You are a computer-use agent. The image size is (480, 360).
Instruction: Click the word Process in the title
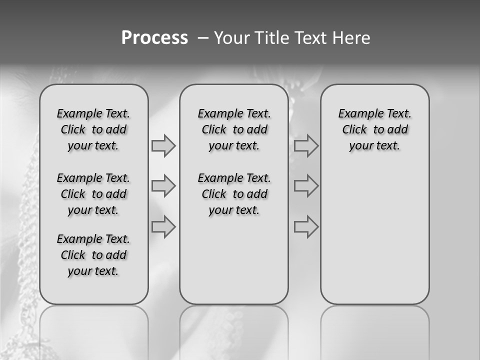coord(154,38)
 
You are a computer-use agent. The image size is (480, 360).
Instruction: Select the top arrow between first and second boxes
coord(163,146)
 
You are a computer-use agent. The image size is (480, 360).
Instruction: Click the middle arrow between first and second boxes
coord(163,186)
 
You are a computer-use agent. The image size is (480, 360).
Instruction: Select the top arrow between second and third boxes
coord(306,146)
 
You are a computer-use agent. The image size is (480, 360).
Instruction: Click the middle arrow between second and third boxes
coord(306,186)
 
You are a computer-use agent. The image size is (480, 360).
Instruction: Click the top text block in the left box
coord(93,129)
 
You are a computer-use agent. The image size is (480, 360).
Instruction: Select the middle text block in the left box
coord(93,194)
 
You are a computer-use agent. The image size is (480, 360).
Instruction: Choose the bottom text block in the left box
coord(93,255)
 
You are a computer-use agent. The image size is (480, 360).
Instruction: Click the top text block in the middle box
coord(234,129)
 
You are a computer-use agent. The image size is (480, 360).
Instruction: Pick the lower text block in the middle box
coord(234,194)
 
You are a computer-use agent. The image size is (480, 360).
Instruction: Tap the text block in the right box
coord(375,129)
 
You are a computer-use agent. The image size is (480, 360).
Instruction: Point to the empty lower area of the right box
coord(375,235)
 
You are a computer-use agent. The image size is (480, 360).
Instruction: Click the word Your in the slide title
coord(231,38)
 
